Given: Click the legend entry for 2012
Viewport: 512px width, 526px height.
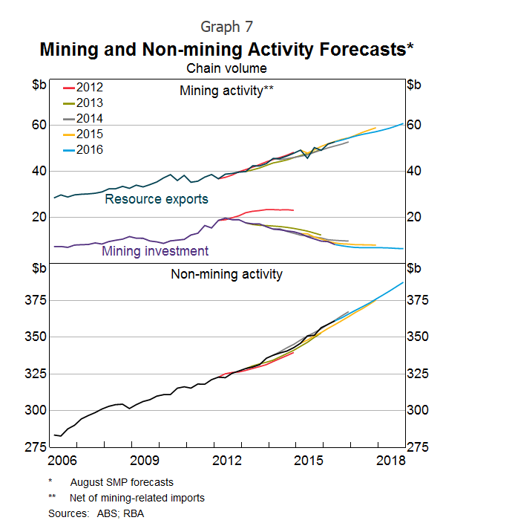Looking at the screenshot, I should click(x=83, y=88).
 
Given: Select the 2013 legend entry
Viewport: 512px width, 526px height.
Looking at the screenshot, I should click(x=83, y=103).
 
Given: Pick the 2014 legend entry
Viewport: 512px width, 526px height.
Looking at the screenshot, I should click(x=83, y=119).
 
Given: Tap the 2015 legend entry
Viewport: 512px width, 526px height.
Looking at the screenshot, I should click(x=83, y=134).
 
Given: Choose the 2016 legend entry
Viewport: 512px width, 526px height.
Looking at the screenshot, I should click(x=83, y=150).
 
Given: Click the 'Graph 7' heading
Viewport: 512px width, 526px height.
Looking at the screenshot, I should click(x=232, y=27).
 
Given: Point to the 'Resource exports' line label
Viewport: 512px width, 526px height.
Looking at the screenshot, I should click(x=156, y=199).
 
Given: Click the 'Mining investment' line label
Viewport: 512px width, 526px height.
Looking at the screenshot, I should click(x=155, y=251).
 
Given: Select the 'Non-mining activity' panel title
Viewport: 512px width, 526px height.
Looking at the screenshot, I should click(x=226, y=274).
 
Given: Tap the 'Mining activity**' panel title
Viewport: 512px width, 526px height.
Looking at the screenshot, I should click(x=226, y=91).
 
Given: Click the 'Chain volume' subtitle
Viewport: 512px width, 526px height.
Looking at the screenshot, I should click(x=226, y=68).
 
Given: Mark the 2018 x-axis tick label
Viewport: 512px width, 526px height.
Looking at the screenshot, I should click(x=390, y=461).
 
